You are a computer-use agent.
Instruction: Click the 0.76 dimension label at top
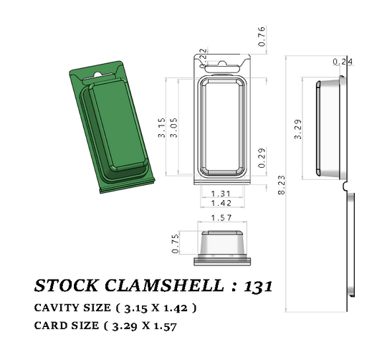262,37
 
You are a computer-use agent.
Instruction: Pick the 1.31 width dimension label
222,194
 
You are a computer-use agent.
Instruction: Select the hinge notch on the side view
346,186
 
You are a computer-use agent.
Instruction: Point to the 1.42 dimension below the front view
222,204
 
